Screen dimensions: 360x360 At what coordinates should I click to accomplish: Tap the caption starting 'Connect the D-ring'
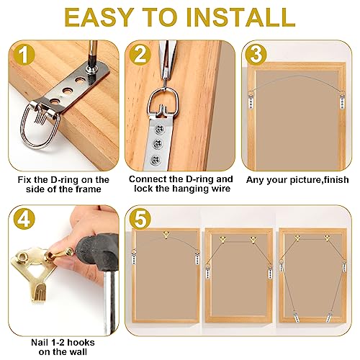coord(181,184)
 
